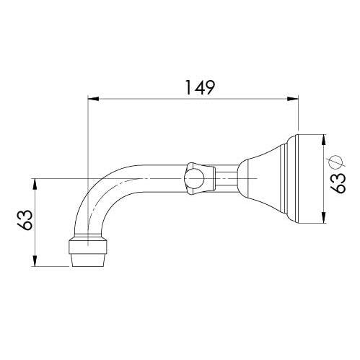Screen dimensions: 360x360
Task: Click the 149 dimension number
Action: pos(196,88)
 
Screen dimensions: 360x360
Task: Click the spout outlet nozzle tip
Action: pos(89,258)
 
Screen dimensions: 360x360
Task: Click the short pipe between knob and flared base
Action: pos(227,177)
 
